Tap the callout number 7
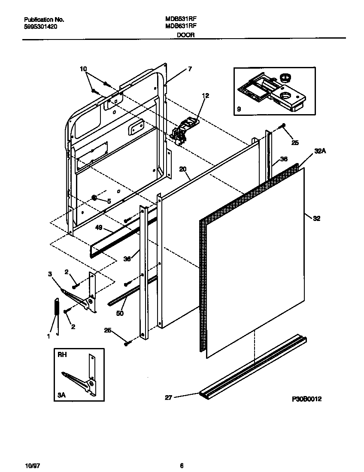[189, 69]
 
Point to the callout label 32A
[319, 151]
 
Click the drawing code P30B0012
[306, 399]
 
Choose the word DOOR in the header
[186, 36]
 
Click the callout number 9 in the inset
[239, 109]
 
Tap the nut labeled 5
[94, 198]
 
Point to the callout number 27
[168, 398]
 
